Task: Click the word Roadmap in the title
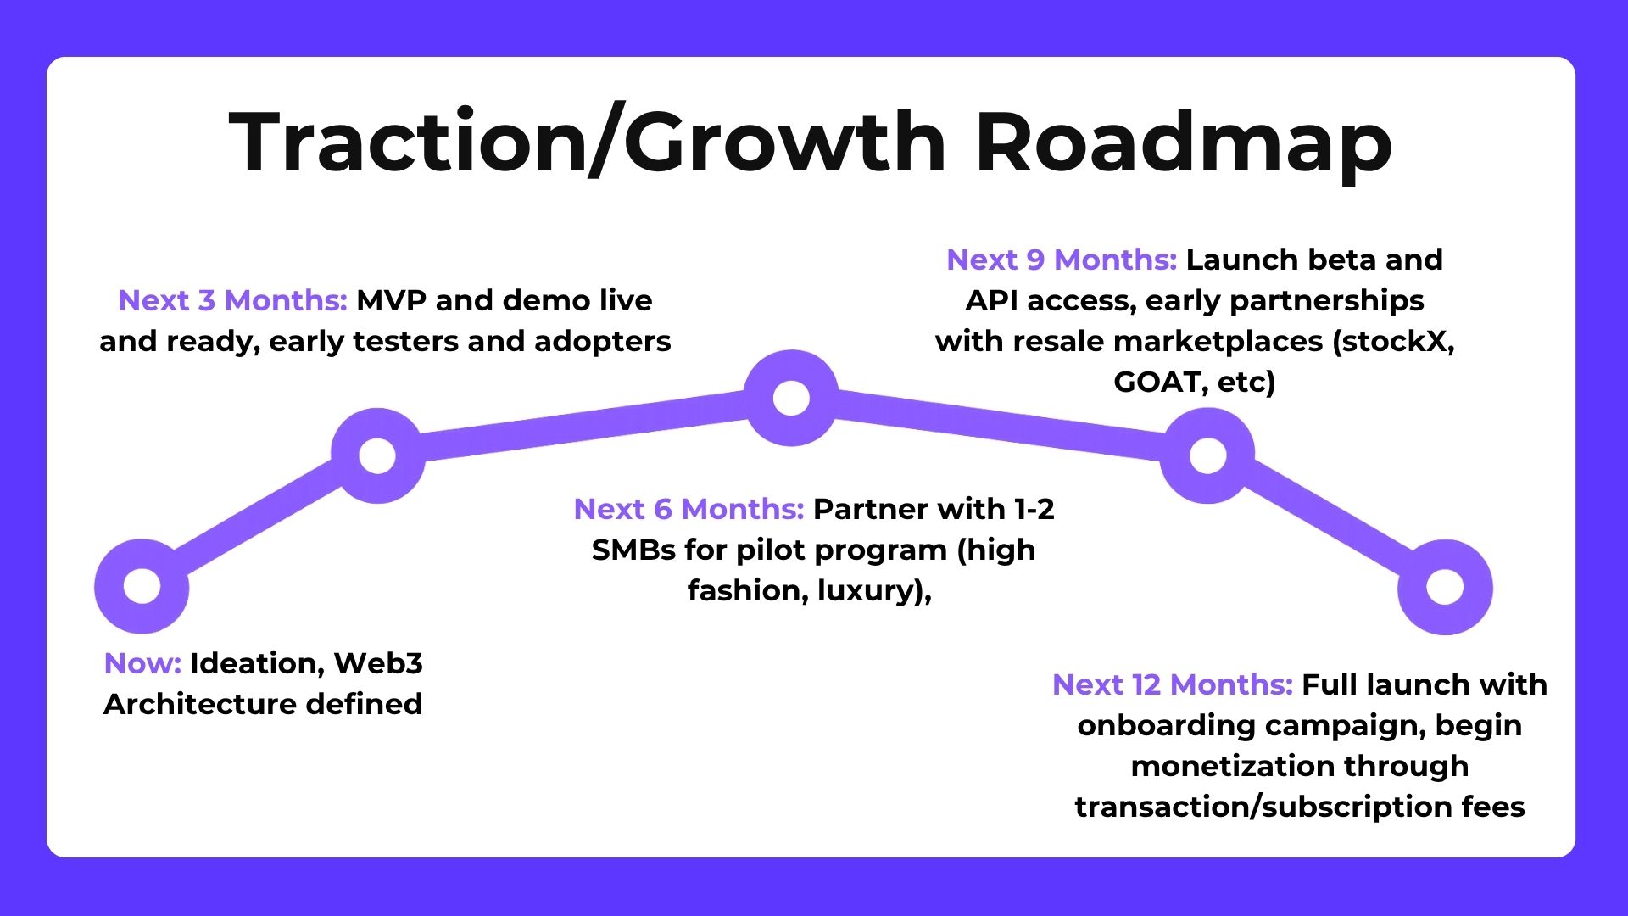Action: pyautogui.click(x=1184, y=142)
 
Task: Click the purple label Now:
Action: pyautogui.click(x=142, y=663)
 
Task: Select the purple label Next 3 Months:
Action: pyautogui.click(x=232, y=300)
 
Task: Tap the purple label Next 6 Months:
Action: pyautogui.click(x=689, y=509)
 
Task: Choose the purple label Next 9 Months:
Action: pyautogui.click(x=1062, y=260)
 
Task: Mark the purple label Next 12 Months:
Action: pyautogui.click(x=1173, y=684)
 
